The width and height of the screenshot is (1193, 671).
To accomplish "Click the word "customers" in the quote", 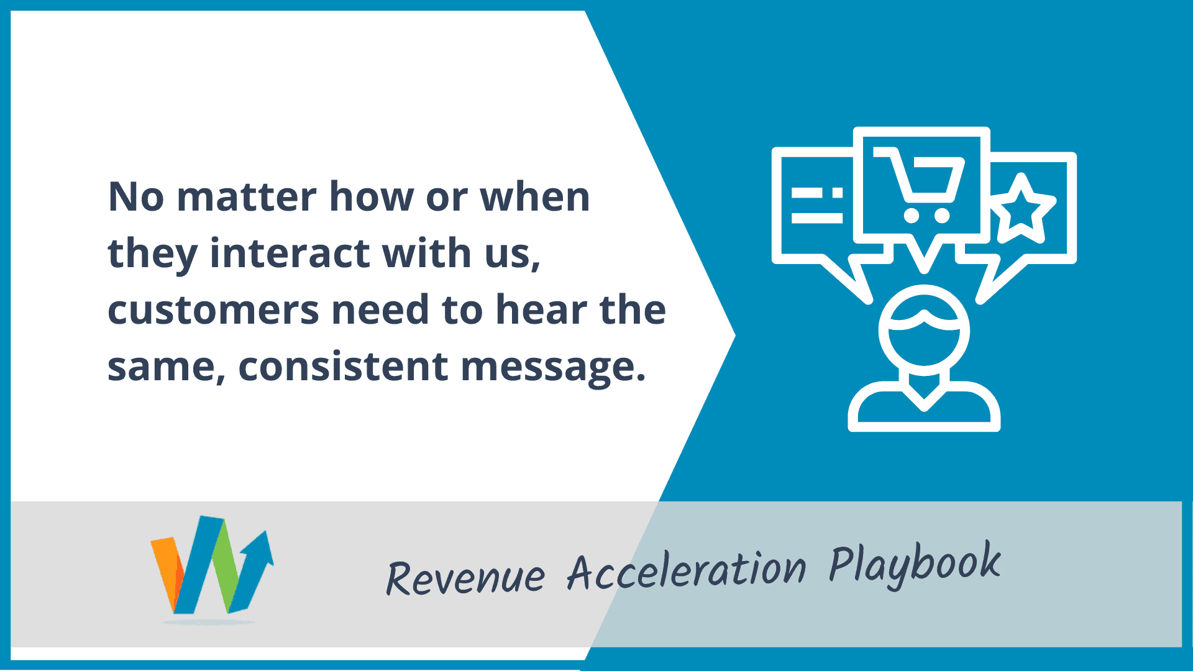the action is tap(214, 310).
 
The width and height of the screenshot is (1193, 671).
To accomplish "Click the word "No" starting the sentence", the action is tap(136, 197).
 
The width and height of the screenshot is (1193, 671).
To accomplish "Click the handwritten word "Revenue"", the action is tap(465, 577).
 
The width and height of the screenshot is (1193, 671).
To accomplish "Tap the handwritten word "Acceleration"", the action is tap(687, 570).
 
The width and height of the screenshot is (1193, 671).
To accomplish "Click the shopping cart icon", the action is tap(921, 184).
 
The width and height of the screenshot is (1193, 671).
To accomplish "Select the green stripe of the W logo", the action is tap(227, 565).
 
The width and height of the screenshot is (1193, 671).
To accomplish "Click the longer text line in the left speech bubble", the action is tap(817, 218).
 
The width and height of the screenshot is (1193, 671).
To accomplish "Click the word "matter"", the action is tap(247, 197).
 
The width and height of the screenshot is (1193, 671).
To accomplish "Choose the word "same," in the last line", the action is tap(167, 367).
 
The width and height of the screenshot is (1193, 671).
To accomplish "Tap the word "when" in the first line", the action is tap(535, 197).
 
